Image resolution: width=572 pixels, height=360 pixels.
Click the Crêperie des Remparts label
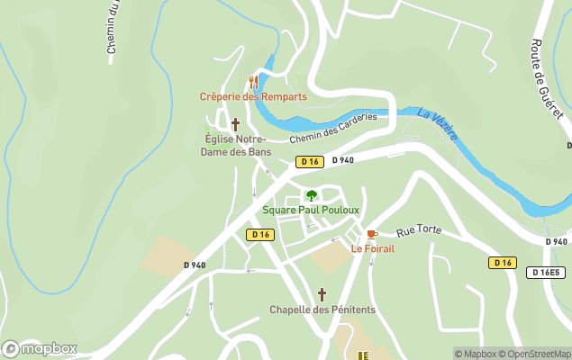coord(253,96)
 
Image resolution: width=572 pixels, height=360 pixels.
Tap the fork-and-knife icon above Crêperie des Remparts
coord(253,81)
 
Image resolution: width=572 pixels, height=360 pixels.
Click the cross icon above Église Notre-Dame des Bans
coord(236,124)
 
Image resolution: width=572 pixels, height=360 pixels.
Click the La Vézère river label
coord(438,124)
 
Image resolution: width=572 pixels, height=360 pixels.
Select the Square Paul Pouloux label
coord(311,210)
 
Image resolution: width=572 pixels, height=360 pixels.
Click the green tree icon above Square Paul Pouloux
coord(311,195)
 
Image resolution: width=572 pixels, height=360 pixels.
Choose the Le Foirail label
coord(372,248)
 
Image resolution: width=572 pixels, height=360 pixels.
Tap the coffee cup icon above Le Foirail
coord(371,234)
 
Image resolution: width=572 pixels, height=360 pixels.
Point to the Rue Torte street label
coord(419,230)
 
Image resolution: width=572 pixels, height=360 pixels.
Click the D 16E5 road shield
coord(545,272)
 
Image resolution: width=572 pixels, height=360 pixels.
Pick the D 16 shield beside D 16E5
coord(503,263)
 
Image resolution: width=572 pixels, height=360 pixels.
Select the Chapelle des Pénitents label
coord(322,310)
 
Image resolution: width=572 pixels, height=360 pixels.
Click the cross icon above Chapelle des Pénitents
coord(322,294)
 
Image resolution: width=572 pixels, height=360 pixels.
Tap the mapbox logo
coord(40,348)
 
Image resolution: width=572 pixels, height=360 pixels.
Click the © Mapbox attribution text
coord(475,354)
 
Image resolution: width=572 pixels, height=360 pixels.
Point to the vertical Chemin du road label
coord(113,27)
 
